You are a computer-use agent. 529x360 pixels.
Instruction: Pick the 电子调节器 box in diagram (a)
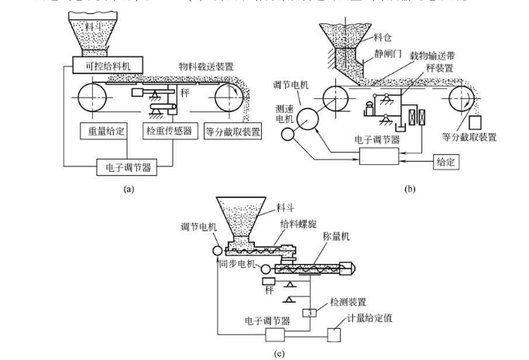(129, 166)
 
